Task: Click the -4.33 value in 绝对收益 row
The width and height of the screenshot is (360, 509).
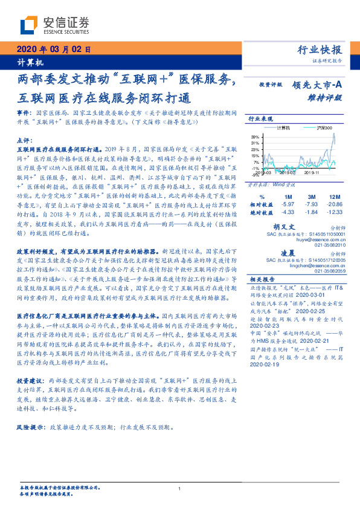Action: tap(288, 212)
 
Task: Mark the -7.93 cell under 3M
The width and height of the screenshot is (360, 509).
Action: tap(310, 204)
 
